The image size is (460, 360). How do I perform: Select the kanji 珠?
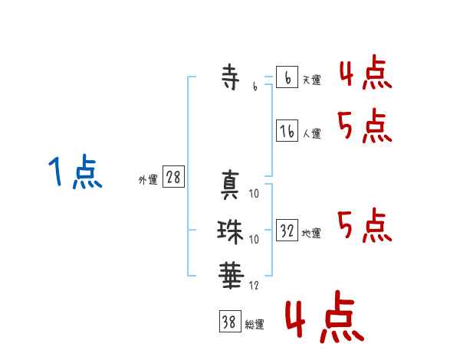[231, 231]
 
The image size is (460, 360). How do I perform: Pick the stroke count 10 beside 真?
[255, 195]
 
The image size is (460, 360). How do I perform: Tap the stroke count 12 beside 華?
[255, 285]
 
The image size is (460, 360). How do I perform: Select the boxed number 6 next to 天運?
[287, 77]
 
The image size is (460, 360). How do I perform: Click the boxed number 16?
[287, 131]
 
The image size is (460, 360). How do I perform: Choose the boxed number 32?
[287, 231]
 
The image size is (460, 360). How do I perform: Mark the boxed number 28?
[173, 178]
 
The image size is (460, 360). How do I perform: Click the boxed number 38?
[228, 322]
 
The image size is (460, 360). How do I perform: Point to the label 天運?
[311, 80]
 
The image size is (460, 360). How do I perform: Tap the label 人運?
[311, 133]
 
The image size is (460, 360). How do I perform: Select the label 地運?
[311, 233]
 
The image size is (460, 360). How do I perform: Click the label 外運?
[148, 180]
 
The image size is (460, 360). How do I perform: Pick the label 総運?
[254, 325]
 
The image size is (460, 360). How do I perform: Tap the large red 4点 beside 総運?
[323, 319]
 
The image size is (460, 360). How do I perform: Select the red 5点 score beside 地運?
[364, 226]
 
